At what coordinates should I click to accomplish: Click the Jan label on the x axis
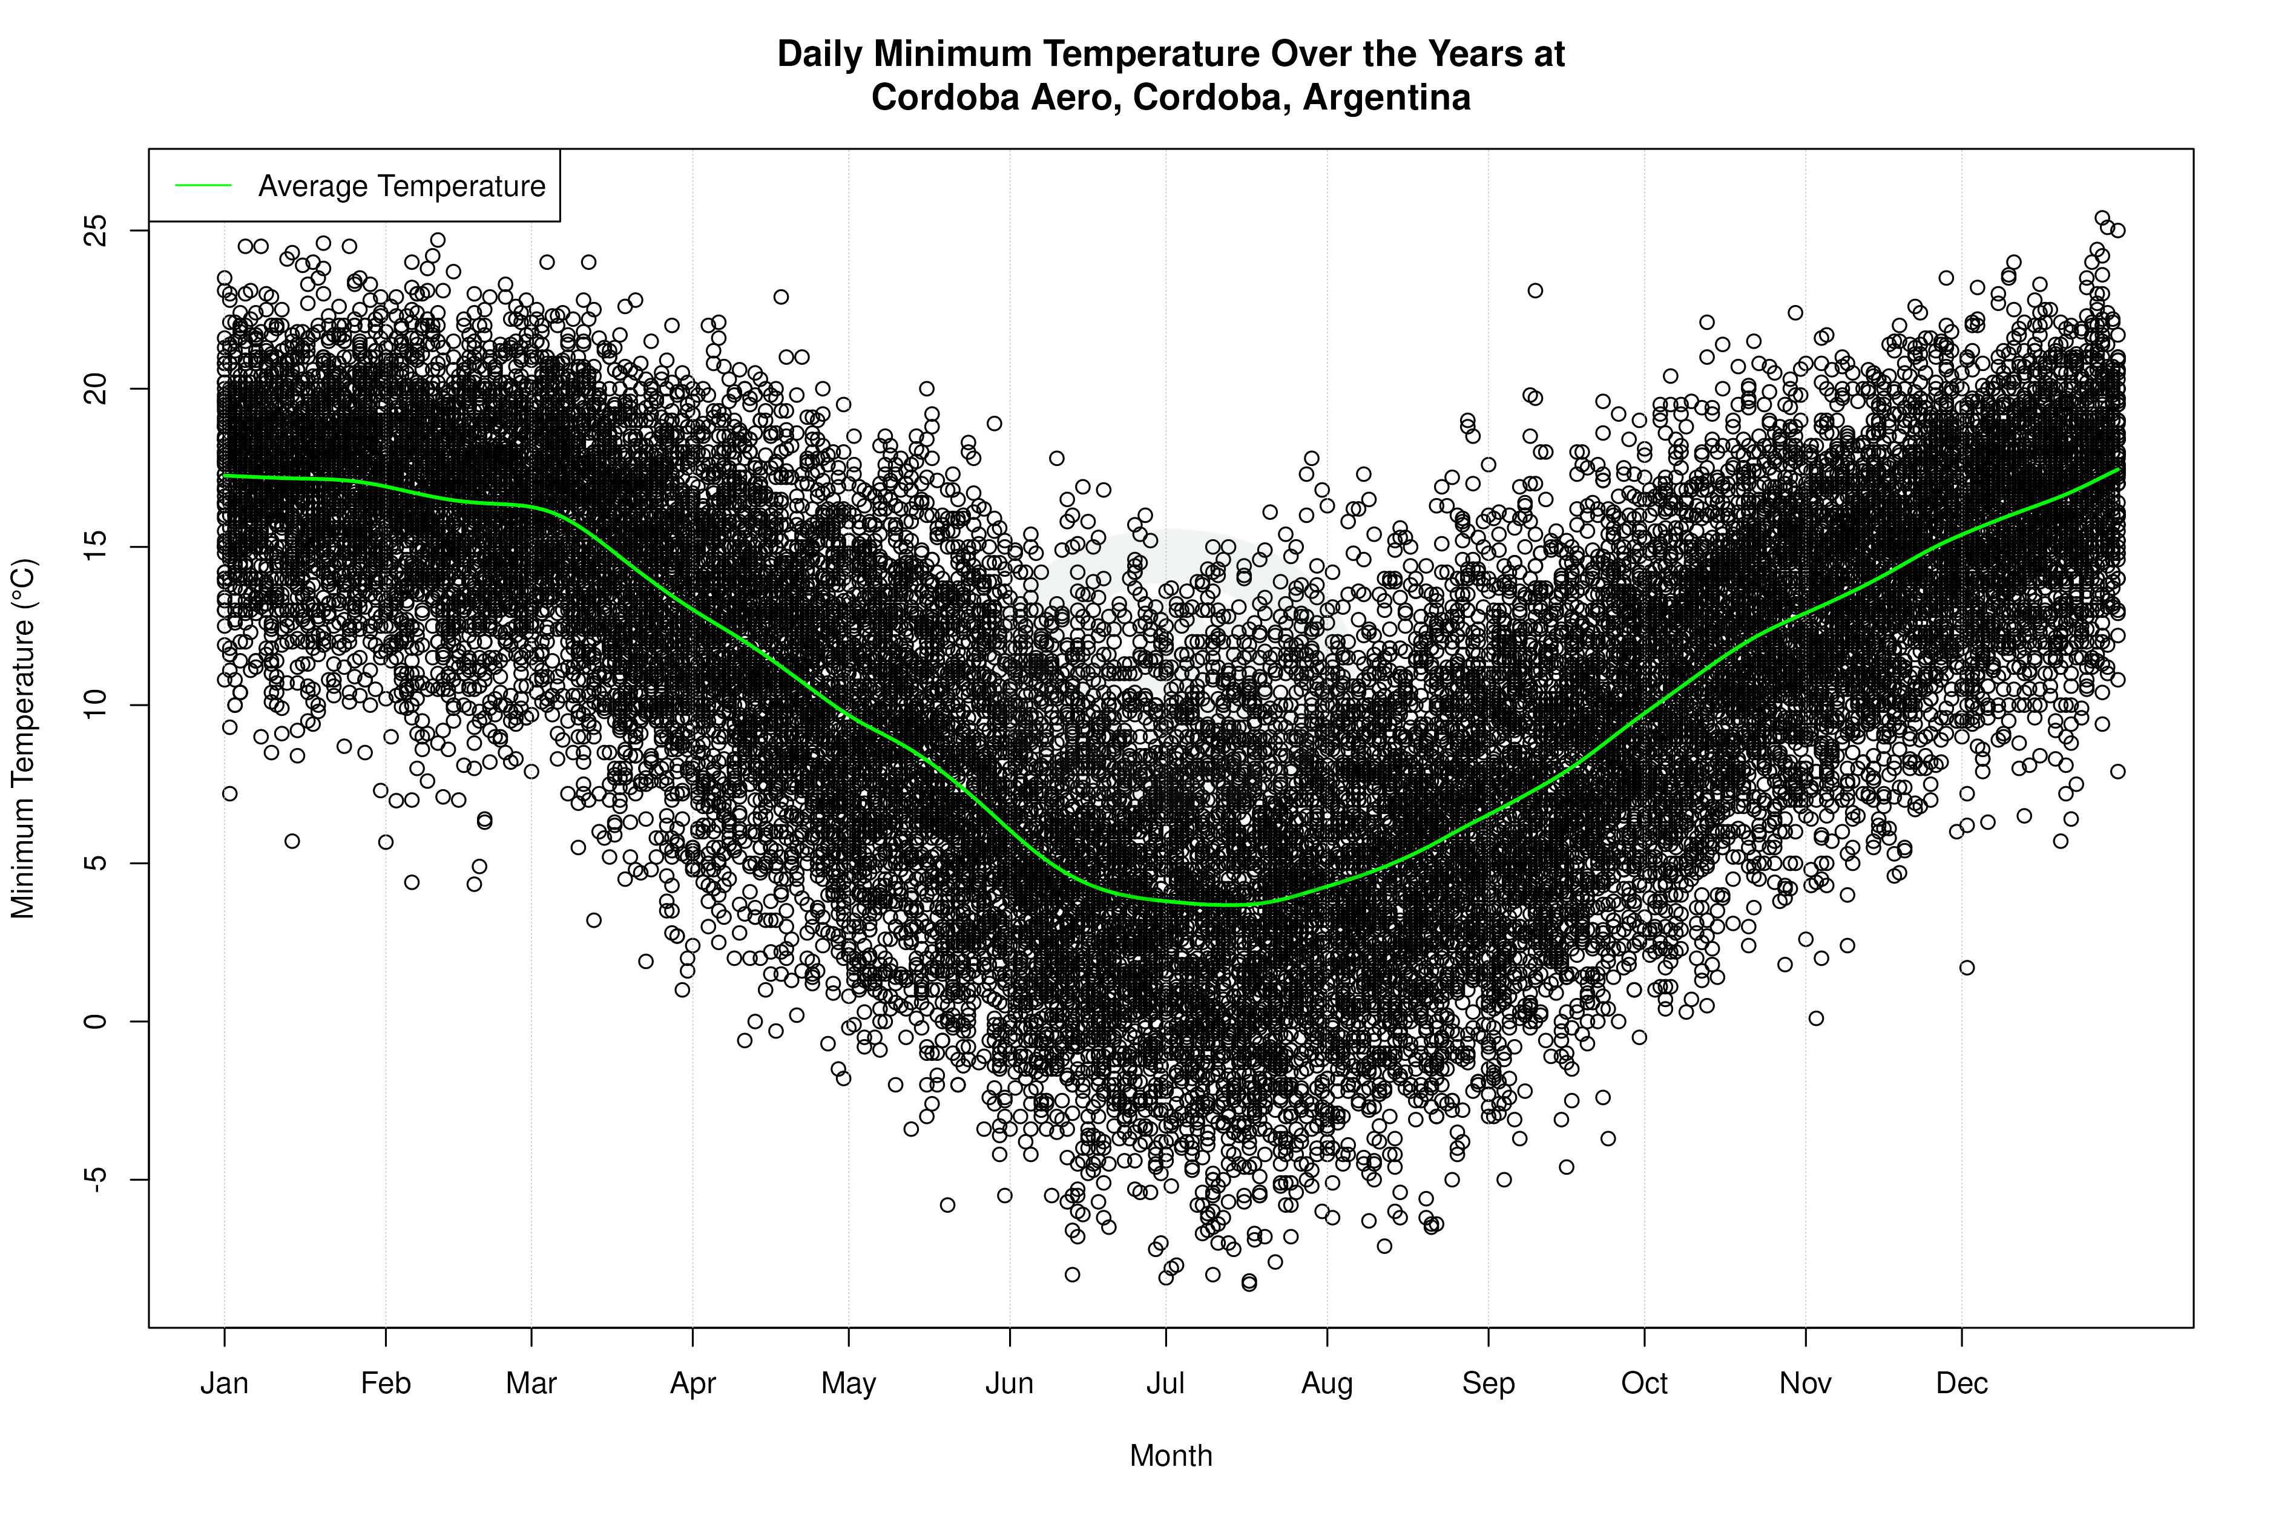click(224, 1383)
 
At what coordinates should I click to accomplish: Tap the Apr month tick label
click(693, 1383)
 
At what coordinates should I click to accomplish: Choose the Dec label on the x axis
click(1961, 1383)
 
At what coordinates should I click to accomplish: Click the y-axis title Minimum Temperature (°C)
click(23, 738)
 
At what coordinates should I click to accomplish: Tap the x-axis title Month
click(1171, 1456)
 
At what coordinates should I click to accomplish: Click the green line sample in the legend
click(203, 185)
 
